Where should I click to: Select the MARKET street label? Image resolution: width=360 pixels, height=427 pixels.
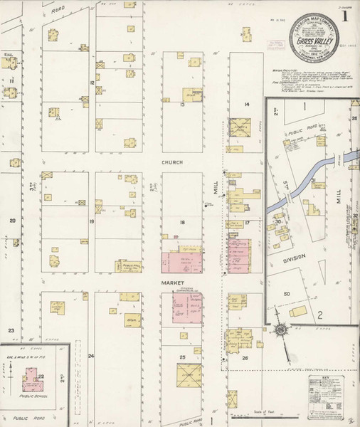(x=171, y=283)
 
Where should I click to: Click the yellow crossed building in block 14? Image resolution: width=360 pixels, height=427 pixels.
(x=237, y=127)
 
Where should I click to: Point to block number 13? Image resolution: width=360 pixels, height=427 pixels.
(x=183, y=105)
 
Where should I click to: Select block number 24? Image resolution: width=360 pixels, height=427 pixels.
(x=90, y=355)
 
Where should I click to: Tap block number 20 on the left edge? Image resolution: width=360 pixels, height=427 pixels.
(x=12, y=221)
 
